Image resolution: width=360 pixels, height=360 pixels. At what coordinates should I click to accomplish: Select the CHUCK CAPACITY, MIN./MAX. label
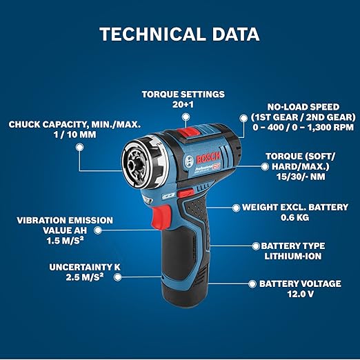coord(74,125)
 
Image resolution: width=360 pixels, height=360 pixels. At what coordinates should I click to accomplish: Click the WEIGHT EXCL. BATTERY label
coord(294,207)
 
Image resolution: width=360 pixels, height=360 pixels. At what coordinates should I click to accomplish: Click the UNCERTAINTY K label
coord(81,266)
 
